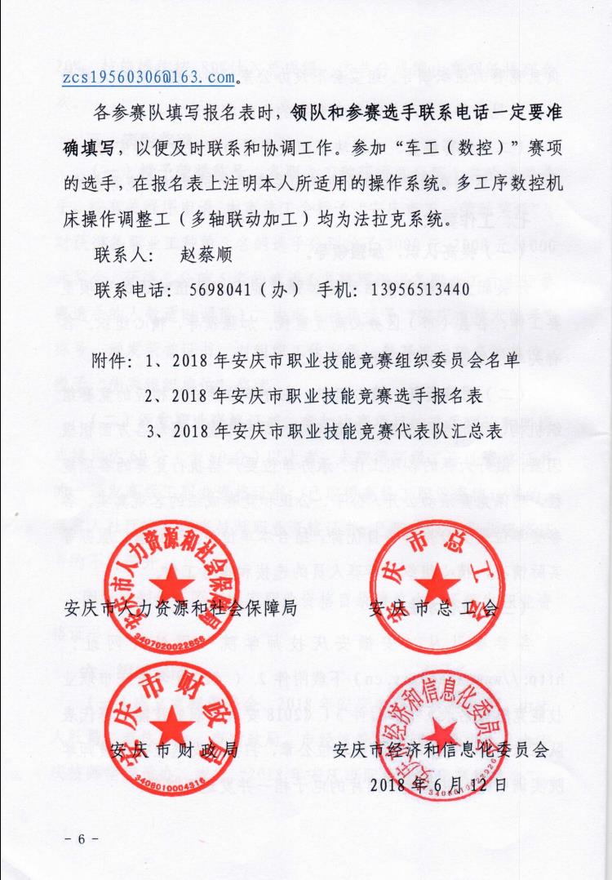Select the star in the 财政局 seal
click(171, 722)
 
